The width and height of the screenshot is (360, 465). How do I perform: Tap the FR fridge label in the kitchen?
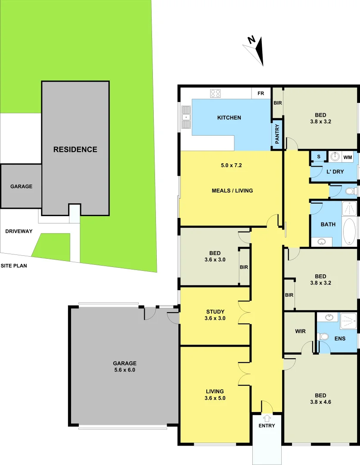click(261, 93)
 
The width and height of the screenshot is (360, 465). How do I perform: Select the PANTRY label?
click(277, 134)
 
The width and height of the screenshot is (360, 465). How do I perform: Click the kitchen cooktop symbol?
click(215, 93)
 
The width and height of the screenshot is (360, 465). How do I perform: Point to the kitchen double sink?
click(186, 117)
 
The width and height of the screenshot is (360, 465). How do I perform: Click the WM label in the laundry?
click(348, 157)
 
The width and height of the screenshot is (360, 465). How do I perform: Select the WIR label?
click(301, 332)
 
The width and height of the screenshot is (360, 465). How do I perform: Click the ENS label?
click(339, 338)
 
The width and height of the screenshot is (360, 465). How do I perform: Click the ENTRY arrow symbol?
click(267, 417)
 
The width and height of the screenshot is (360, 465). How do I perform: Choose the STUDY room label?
click(215, 311)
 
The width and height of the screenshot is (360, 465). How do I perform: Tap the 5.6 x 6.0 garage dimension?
click(125, 369)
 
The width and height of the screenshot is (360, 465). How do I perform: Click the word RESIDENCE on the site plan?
click(75, 149)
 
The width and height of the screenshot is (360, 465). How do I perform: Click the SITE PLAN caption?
click(13, 266)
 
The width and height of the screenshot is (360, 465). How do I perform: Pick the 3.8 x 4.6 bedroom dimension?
click(320, 402)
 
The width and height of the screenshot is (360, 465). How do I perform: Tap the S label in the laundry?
click(318, 157)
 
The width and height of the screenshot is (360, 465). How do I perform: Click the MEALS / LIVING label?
click(232, 191)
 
